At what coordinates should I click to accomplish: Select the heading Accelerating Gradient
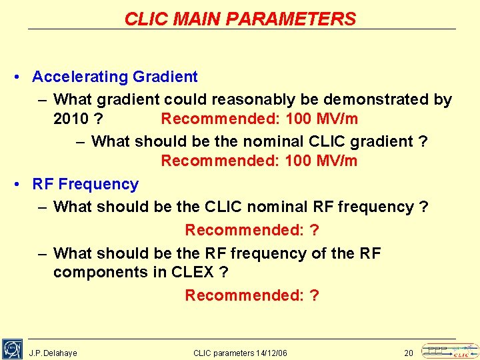115,77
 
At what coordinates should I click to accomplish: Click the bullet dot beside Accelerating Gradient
17,77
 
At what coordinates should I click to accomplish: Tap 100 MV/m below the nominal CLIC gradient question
321,161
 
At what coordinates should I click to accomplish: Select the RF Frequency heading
85,184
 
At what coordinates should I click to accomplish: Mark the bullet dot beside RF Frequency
17,185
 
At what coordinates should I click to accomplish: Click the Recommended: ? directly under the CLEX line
252,295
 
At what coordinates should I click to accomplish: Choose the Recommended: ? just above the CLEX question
252,230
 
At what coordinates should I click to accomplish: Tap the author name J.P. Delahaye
53,353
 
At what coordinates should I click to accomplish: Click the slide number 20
409,353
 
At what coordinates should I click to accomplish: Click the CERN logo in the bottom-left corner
12,349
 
